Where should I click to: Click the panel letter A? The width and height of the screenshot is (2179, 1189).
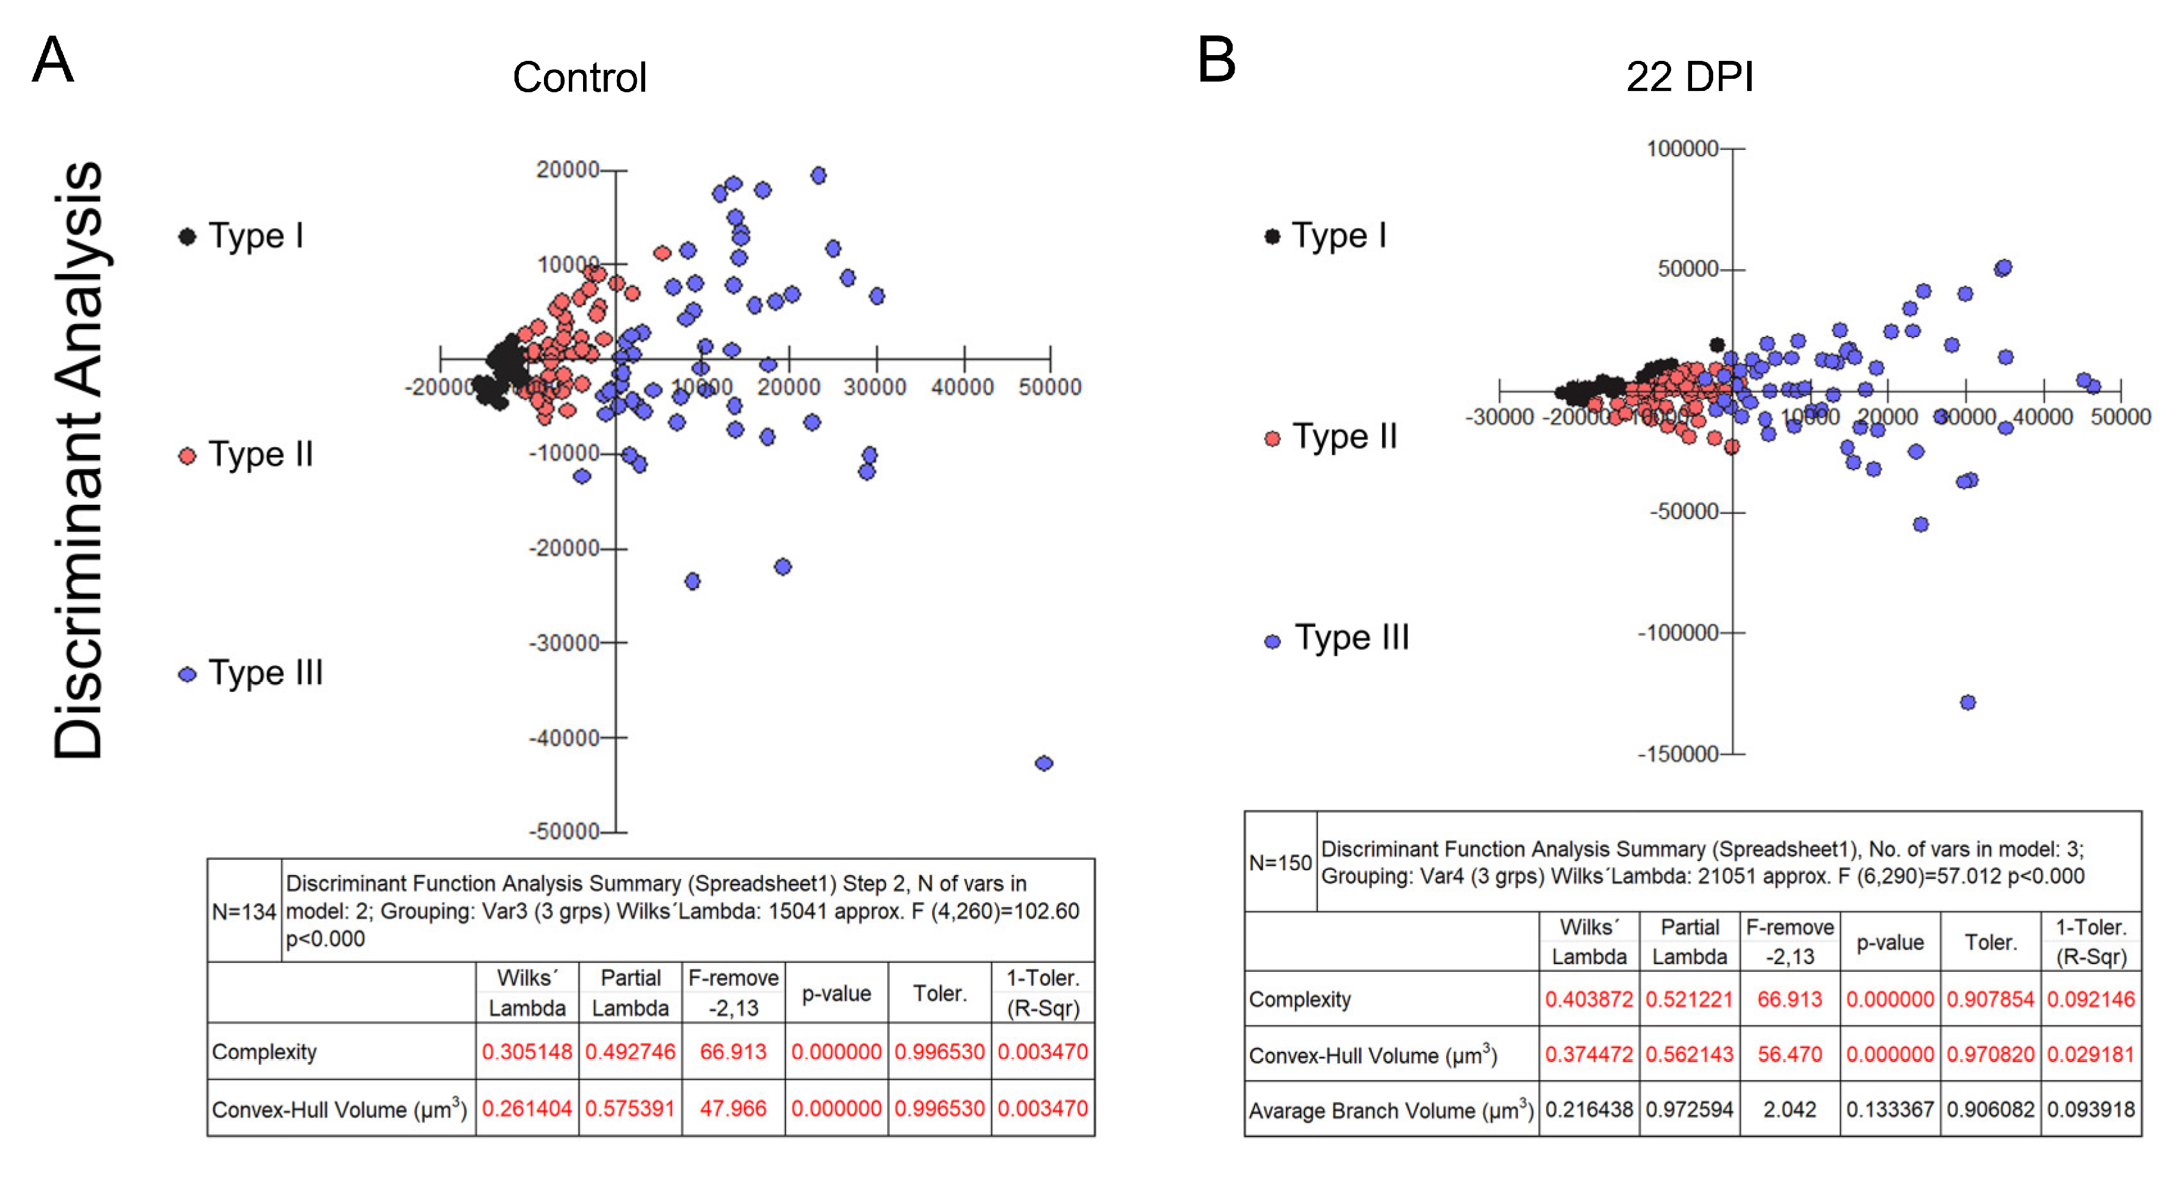pyautogui.click(x=53, y=60)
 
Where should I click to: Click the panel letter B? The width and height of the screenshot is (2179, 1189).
pyautogui.click(x=1217, y=60)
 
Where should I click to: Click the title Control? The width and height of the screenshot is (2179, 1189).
pyautogui.click(x=579, y=78)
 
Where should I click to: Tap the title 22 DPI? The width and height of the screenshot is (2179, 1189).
pyautogui.click(x=1690, y=78)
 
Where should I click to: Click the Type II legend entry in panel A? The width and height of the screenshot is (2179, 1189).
pyautogui.click(x=246, y=455)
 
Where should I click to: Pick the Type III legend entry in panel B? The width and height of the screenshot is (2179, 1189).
pyautogui.click(x=1337, y=639)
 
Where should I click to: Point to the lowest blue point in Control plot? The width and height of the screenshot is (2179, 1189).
pyautogui.click(x=1044, y=763)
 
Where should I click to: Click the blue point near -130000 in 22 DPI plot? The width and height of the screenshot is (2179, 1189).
pyautogui.click(x=1968, y=703)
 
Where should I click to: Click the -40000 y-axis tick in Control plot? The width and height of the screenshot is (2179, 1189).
pyautogui.click(x=565, y=738)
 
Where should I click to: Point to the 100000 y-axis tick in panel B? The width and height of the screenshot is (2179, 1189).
pyautogui.click(x=1682, y=149)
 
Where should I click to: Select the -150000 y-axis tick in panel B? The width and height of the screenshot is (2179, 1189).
pyautogui.click(x=1677, y=753)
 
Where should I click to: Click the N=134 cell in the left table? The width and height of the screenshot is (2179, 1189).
pyautogui.click(x=243, y=912)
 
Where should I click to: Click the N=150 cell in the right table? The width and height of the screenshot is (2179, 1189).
pyautogui.click(x=1280, y=862)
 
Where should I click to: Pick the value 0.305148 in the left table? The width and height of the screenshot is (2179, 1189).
pyautogui.click(x=526, y=1051)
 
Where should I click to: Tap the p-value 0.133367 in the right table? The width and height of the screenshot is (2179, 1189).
pyautogui.click(x=1889, y=1109)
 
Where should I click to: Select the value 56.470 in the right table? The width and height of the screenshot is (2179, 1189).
pyautogui.click(x=1789, y=1054)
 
